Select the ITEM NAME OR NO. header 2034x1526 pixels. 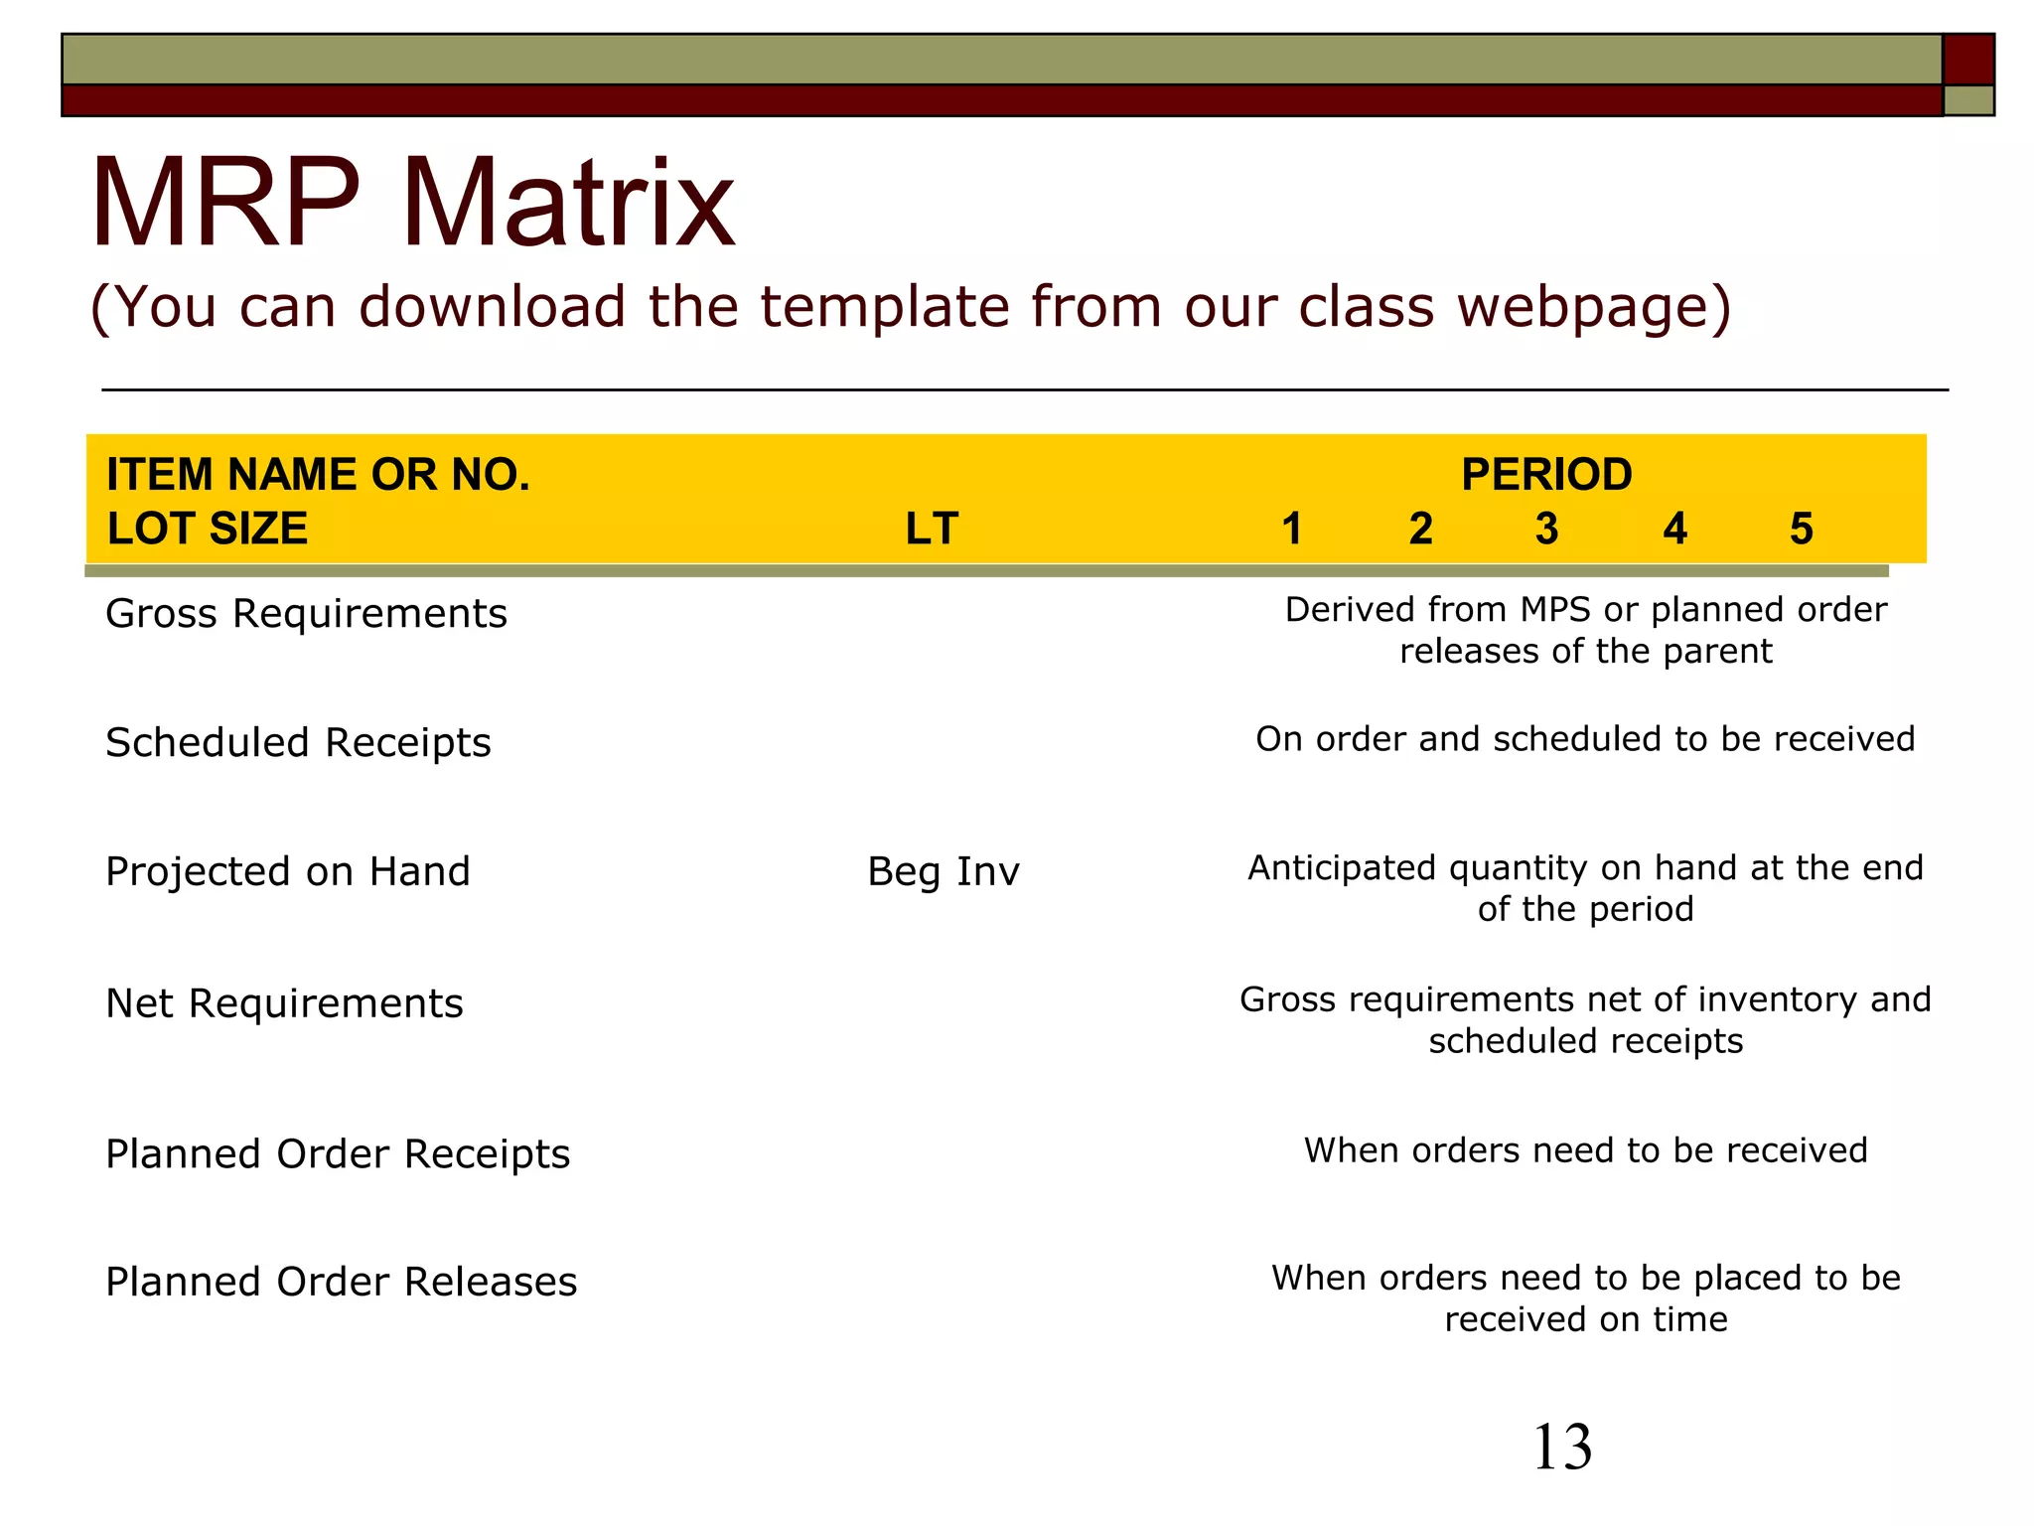click(x=318, y=475)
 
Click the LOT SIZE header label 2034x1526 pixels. click(x=207, y=529)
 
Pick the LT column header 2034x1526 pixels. click(x=931, y=529)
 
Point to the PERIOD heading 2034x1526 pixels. click(x=1546, y=475)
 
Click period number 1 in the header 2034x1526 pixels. click(x=1291, y=529)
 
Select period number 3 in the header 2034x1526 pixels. click(x=1546, y=529)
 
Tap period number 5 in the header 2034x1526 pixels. click(x=1801, y=529)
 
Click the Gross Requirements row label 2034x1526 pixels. click(x=306, y=614)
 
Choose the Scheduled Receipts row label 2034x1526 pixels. click(x=298, y=743)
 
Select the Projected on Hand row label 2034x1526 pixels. click(x=287, y=872)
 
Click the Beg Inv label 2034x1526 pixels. click(x=943, y=872)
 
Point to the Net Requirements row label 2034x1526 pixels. click(x=284, y=1003)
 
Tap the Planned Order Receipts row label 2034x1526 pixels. click(x=338, y=1154)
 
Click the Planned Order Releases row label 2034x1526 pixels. click(x=341, y=1283)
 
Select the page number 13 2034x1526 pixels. click(x=1562, y=1448)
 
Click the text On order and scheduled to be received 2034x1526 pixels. click(x=1585, y=739)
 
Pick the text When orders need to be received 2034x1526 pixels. click(x=1585, y=1150)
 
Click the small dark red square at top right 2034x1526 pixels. click(x=1968, y=60)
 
